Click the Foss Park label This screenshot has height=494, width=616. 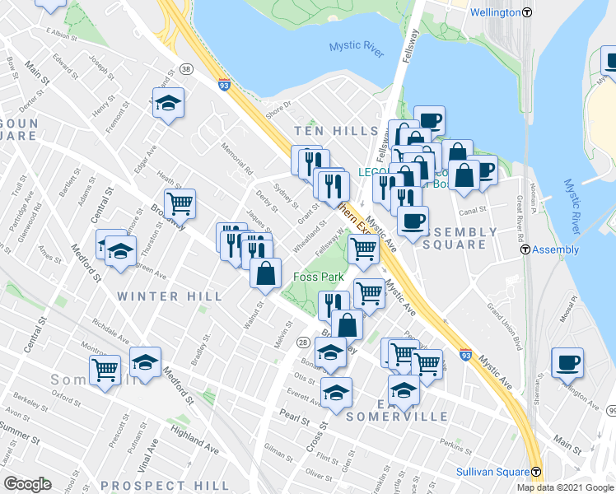tap(319, 277)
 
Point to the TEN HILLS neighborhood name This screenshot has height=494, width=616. tap(336, 132)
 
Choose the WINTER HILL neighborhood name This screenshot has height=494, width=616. tap(169, 296)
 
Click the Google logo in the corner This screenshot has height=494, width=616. tap(27, 484)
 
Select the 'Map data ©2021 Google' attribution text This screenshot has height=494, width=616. tap(565, 487)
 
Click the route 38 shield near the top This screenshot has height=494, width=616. tap(186, 70)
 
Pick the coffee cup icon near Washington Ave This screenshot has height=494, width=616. tap(567, 362)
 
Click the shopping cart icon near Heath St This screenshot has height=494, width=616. tap(179, 203)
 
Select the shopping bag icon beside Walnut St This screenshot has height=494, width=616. tap(266, 273)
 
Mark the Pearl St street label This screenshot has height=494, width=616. tap(293, 417)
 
